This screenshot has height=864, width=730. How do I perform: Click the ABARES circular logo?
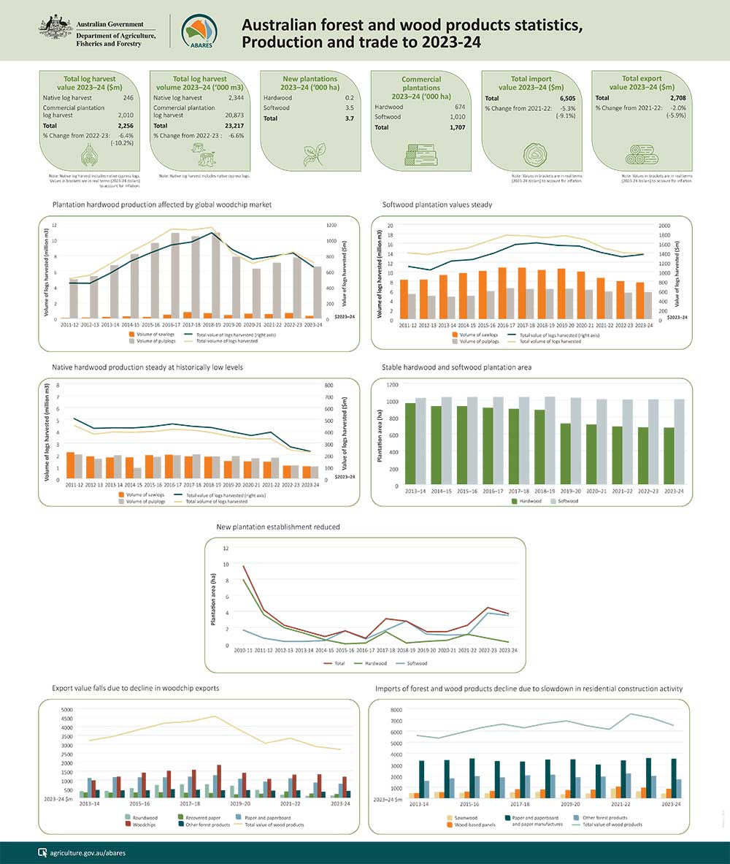(x=199, y=31)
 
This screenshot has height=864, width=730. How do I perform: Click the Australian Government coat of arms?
(x=54, y=30)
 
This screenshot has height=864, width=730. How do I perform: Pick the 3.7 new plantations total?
(x=349, y=118)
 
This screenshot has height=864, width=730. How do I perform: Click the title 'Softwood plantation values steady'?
(x=437, y=204)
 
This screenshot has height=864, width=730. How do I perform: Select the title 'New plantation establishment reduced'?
(x=278, y=527)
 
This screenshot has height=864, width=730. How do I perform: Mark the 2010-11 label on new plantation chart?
(x=243, y=650)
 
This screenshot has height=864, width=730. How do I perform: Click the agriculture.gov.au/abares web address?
(x=82, y=852)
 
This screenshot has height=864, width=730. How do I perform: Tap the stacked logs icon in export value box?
(x=641, y=155)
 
